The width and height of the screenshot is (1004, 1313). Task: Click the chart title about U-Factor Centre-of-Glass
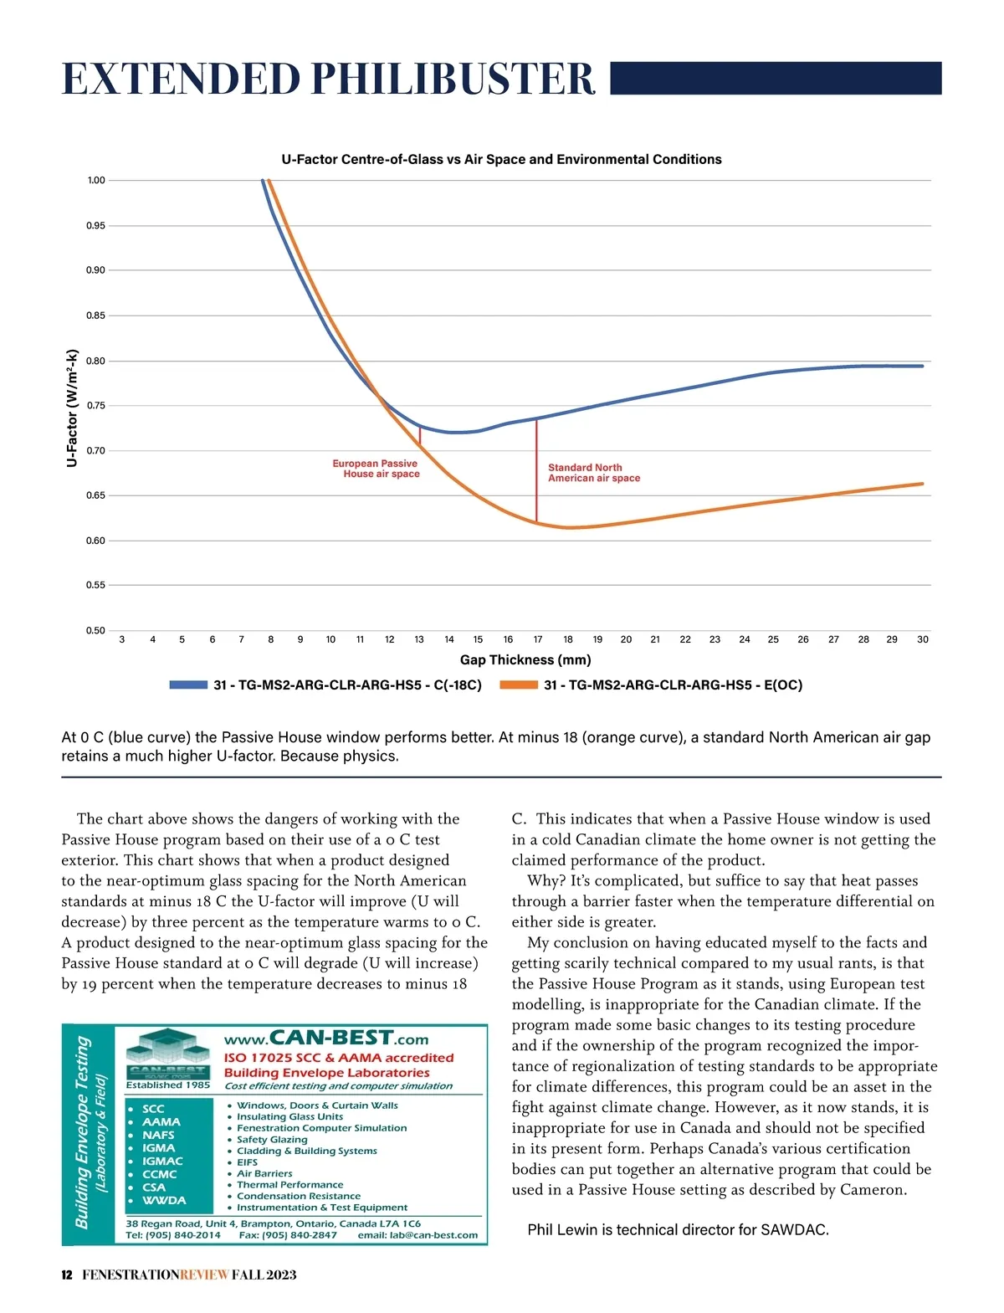tap(501, 159)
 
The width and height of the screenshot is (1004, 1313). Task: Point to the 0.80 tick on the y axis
tap(95, 362)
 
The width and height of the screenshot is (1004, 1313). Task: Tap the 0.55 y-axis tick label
tap(95, 585)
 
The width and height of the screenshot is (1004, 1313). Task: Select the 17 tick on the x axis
tap(538, 639)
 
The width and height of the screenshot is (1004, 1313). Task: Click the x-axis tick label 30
tap(922, 639)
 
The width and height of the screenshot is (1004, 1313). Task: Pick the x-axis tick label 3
tap(122, 639)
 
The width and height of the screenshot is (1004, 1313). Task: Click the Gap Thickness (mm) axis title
tap(525, 659)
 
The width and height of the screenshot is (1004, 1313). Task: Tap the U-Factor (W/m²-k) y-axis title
tap(72, 408)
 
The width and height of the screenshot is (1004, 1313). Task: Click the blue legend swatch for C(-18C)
tap(188, 685)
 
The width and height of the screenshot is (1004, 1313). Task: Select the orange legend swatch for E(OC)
tap(519, 685)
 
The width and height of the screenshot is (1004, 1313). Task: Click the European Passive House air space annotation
tap(376, 469)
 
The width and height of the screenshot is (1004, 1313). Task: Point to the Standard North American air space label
tap(593, 473)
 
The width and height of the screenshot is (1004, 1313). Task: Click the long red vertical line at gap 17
tap(536, 469)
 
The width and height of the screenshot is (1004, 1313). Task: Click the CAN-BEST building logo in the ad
tap(168, 1054)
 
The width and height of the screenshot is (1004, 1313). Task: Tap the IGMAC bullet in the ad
tap(162, 1161)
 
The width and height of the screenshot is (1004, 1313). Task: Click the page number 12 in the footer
tap(67, 1275)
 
